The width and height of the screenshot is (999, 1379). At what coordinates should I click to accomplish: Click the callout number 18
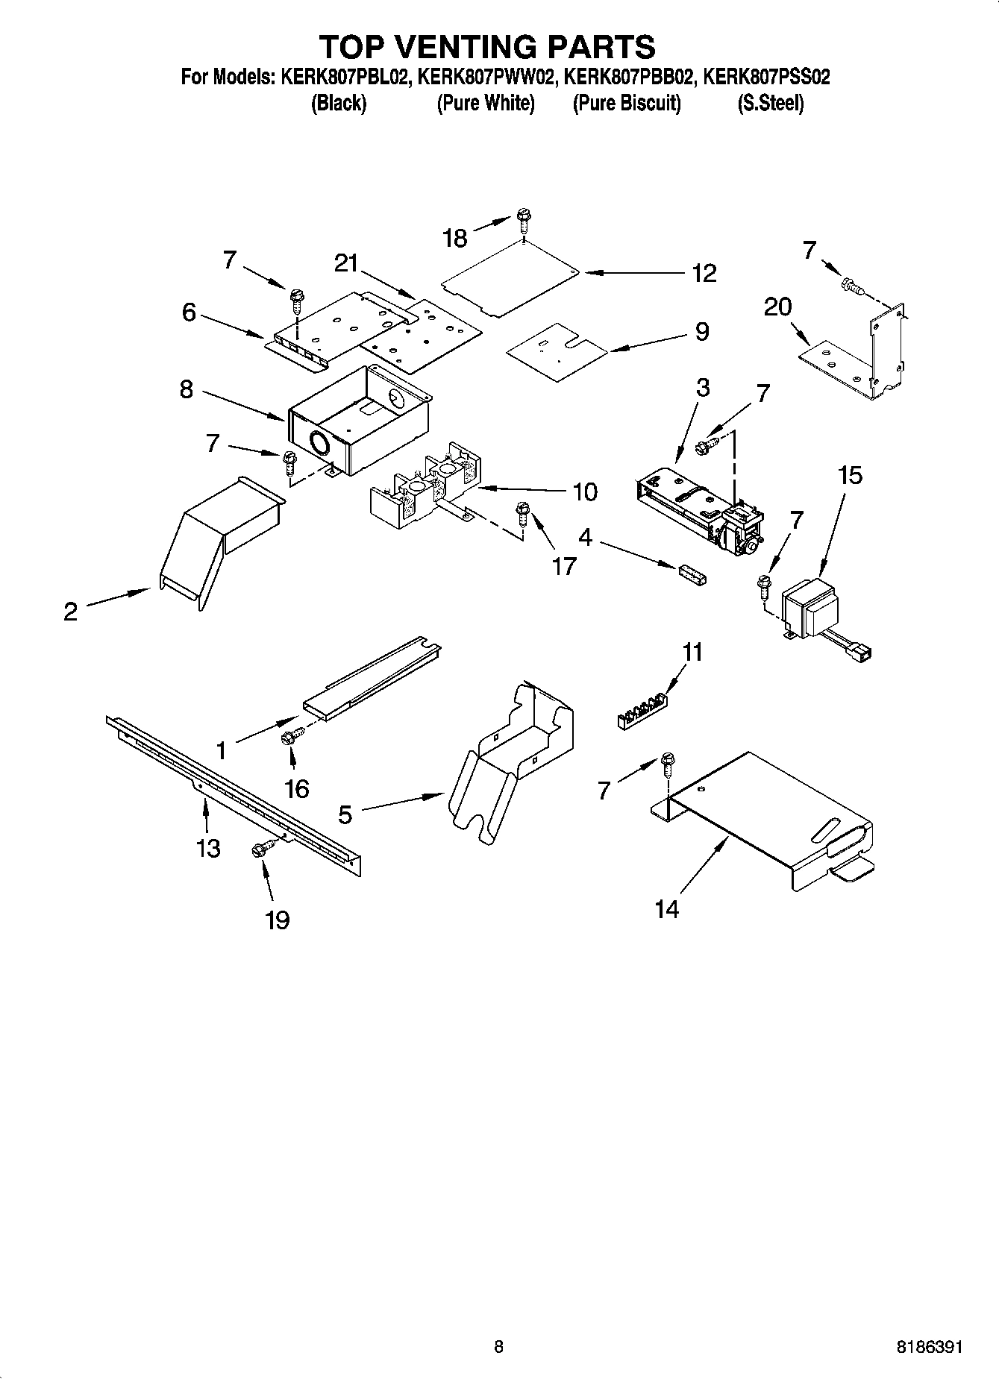(454, 238)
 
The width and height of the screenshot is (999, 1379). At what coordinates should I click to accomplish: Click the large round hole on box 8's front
(319, 444)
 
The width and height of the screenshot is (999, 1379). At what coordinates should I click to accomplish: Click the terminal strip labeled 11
(642, 711)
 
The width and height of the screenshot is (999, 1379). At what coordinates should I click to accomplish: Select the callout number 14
(666, 908)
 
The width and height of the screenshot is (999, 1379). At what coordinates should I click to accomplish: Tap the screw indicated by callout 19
(263, 849)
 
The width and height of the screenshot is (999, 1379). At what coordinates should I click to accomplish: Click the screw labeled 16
(289, 738)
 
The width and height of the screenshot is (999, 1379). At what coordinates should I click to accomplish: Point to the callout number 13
(208, 847)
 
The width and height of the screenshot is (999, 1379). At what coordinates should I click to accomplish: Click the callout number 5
(345, 814)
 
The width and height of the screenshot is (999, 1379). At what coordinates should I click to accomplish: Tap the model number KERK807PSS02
(767, 77)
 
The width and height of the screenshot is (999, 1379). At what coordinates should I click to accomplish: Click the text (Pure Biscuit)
(627, 103)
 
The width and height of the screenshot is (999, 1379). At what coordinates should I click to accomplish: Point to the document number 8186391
(930, 1347)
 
